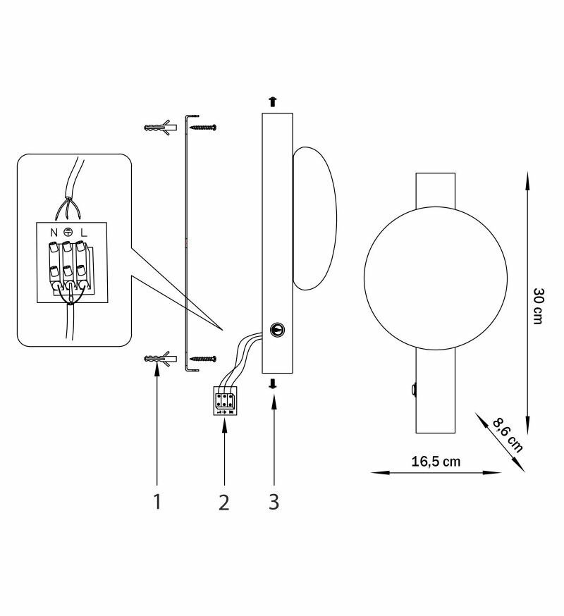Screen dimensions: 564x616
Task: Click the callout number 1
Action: (x=157, y=501)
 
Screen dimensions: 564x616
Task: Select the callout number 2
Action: (x=223, y=502)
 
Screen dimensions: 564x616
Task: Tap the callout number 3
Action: (x=274, y=502)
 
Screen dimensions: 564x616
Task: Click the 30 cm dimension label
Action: (x=538, y=306)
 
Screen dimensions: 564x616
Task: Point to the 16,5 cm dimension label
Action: (x=436, y=461)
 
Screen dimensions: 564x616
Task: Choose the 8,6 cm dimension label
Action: (x=508, y=436)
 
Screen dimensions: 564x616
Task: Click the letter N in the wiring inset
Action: (x=54, y=233)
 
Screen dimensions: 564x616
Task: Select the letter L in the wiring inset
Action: (x=84, y=233)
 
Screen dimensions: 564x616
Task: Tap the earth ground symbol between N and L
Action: (x=68, y=232)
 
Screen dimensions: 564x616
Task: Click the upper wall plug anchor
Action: (x=160, y=128)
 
